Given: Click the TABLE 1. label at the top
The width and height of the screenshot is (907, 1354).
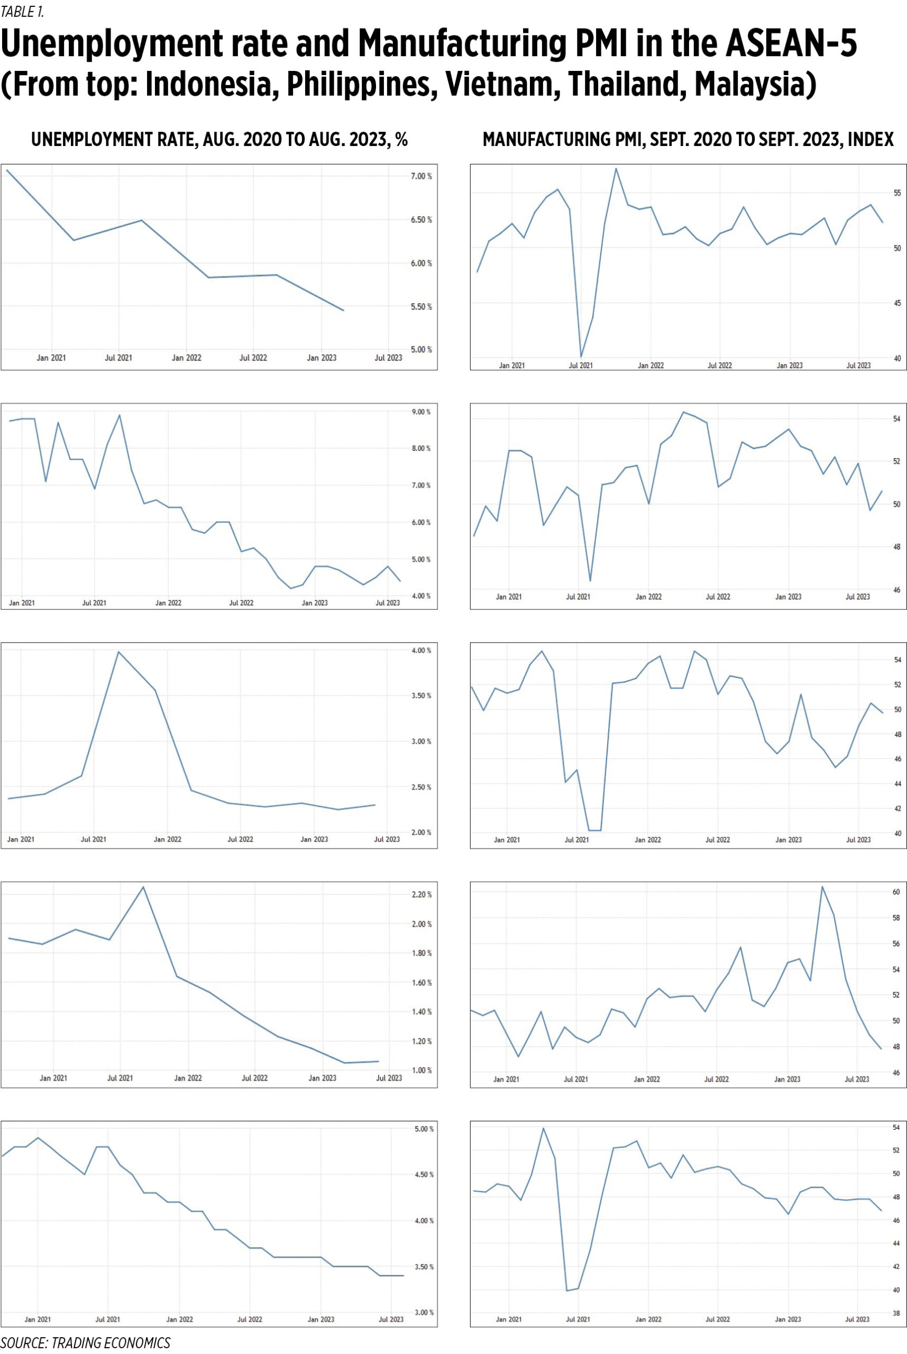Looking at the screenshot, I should click(23, 11).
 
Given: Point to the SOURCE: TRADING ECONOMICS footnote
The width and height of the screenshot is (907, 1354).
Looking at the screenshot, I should click(85, 1342).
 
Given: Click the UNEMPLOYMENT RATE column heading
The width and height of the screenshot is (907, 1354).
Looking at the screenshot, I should click(219, 140).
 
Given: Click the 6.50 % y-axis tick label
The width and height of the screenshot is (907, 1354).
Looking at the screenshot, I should click(421, 220).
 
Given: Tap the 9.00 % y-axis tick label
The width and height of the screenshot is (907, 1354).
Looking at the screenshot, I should click(420, 412).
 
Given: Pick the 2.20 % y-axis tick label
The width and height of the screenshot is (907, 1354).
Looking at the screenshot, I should click(421, 894).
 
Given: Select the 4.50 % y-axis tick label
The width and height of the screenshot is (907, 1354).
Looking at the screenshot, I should click(423, 1175).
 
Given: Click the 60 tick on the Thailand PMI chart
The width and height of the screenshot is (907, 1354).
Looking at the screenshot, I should click(896, 892).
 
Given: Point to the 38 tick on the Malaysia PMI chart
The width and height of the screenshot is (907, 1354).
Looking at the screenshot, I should click(896, 1313).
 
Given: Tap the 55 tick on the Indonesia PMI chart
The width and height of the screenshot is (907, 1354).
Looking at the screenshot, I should click(897, 193).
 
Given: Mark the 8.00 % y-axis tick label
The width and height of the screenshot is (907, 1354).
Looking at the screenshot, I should click(420, 449).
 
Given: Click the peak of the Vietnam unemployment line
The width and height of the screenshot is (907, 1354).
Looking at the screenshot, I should click(118, 652).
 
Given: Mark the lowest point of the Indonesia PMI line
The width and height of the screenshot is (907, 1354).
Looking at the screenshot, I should click(581, 356).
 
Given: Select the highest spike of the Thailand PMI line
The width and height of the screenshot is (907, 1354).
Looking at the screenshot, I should click(822, 886).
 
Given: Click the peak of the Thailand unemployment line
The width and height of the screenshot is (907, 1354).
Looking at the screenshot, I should click(143, 886).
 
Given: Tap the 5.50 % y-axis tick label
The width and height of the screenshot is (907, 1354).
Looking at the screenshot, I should click(421, 307).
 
